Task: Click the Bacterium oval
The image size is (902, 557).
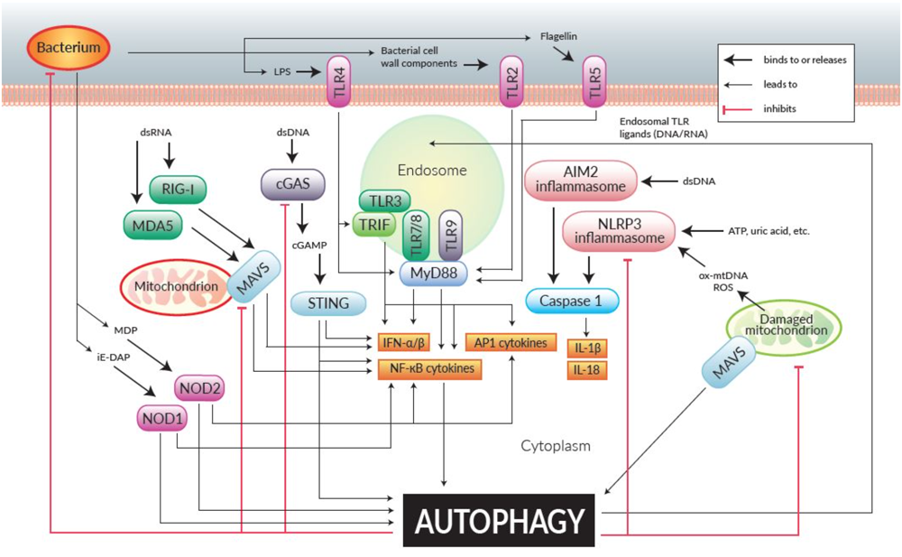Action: point(69,42)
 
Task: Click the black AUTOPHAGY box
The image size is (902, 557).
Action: point(499,521)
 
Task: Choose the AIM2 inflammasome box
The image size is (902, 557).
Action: point(579,183)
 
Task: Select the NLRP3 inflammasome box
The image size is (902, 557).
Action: point(619,232)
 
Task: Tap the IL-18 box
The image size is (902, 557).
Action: point(584,368)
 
